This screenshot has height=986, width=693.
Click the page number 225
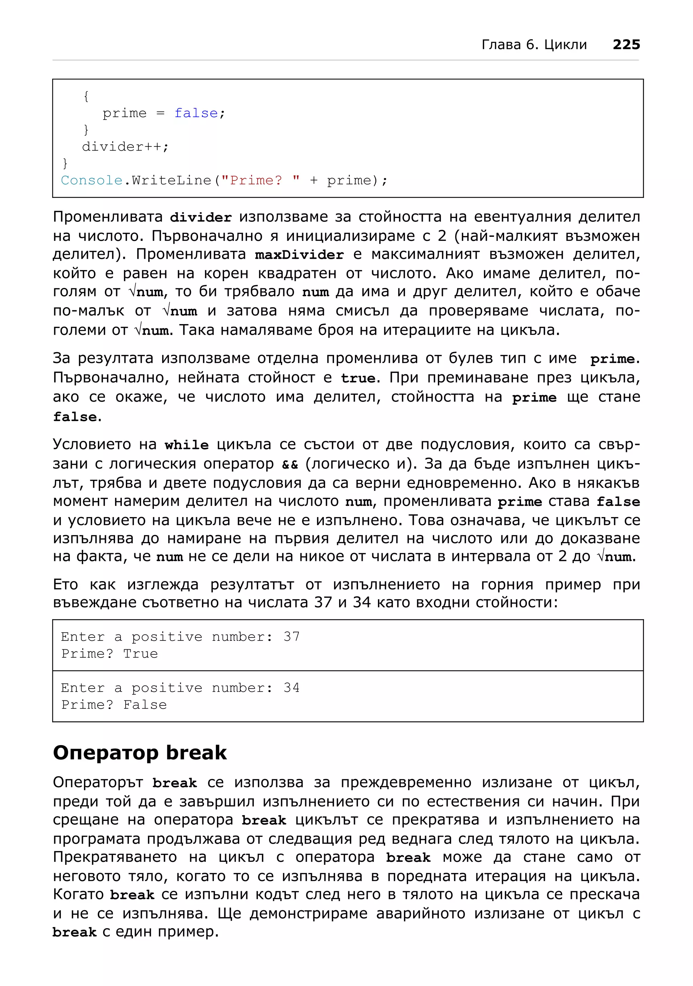pos(626,45)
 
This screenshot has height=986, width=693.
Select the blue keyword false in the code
pos(196,113)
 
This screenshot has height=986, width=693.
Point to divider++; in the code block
pos(125,147)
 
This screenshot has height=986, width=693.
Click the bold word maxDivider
pos(299,255)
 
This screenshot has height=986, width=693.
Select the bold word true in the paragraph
pos(358,378)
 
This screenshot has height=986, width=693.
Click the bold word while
pos(187,445)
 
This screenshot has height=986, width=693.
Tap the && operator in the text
pos(290,465)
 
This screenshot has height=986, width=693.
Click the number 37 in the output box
pos(292,636)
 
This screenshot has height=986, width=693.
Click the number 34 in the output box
pos(292,688)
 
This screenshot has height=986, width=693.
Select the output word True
pos(140,654)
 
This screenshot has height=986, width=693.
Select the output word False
pos(145,705)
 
